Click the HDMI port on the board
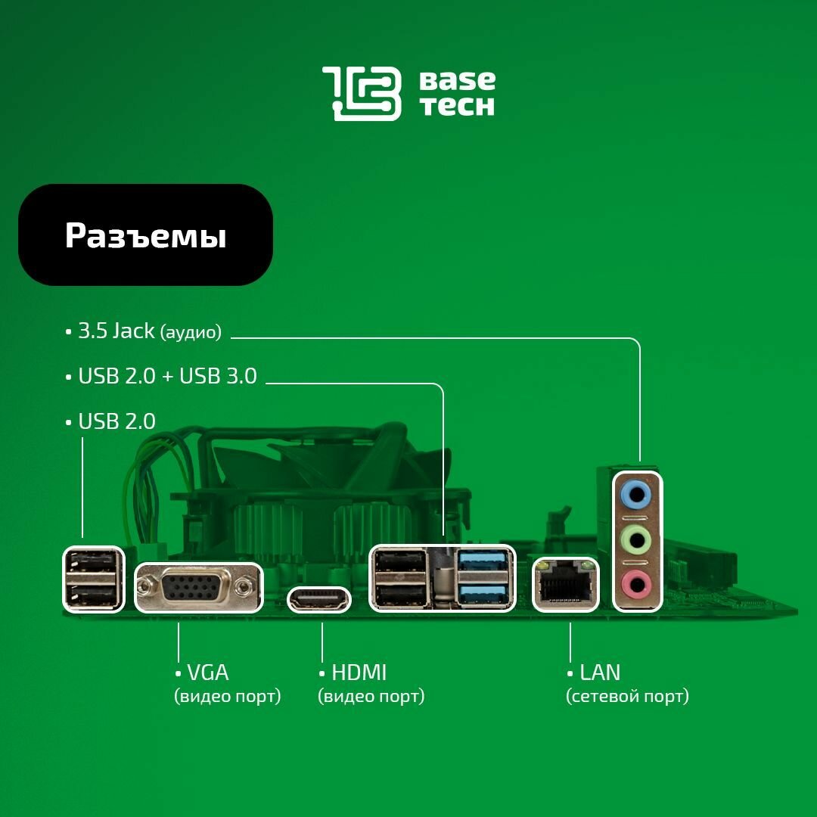pos(318,601)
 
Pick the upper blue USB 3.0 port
pos(482,561)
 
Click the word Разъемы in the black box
pos(145,236)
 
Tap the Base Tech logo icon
pos(362,93)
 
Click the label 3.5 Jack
pos(116,331)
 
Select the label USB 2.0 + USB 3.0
pos(168,376)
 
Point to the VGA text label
pos(207,672)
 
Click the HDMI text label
pos(359,672)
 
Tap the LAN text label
pos(599,672)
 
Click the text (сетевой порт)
pos(627,696)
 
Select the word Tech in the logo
pos(457,107)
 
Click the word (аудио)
pos(191,332)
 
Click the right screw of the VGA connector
pos(242,586)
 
